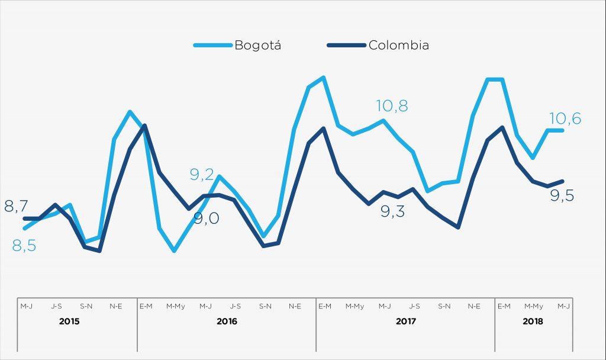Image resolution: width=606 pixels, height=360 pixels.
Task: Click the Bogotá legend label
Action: pos(257,46)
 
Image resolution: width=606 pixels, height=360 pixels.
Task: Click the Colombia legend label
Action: pos(399,45)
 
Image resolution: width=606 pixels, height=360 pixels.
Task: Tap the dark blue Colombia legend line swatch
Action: pos(346,45)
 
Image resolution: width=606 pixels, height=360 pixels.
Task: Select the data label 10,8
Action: pos(392,107)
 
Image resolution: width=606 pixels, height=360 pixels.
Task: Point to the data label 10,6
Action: pos(566,119)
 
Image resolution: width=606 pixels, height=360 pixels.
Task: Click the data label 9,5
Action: pos(563,196)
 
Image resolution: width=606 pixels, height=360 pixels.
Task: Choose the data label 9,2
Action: pos(201,174)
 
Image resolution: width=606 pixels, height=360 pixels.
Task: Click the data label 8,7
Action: pos(16,207)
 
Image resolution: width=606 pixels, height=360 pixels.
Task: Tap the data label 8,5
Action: pos(24,246)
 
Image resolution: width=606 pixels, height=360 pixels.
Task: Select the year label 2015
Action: pos(69,322)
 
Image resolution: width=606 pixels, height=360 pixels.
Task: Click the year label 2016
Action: pos(227,322)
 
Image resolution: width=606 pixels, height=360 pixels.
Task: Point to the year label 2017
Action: pos(405,322)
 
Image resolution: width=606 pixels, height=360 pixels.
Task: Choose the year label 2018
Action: pos(533,322)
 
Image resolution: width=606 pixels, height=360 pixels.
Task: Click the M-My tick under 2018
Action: pos(534,306)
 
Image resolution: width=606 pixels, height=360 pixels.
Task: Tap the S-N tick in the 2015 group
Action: pos(86,306)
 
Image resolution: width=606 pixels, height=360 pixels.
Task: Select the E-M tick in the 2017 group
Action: pos(325,306)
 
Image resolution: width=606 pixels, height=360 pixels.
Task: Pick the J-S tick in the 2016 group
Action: pos(235,306)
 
